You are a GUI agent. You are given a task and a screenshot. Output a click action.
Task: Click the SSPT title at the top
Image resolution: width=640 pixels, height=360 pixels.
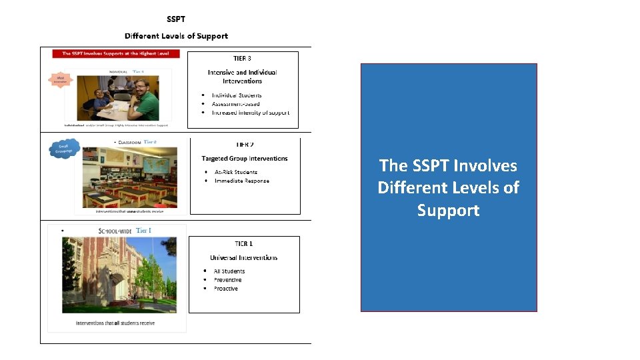tap(176, 19)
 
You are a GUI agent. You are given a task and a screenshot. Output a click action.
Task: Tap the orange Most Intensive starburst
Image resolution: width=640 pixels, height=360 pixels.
tap(61, 80)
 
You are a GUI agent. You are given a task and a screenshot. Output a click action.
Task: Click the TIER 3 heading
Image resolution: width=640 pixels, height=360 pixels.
tap(242, 59)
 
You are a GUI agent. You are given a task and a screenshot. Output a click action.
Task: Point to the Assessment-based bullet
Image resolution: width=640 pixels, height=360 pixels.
tap(236, 104)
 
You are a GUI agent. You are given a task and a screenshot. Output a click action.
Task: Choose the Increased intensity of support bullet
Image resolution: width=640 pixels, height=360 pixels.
tap(250, 113)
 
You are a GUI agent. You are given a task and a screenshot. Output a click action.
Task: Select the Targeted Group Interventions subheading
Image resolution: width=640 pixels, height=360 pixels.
tap(245, 159)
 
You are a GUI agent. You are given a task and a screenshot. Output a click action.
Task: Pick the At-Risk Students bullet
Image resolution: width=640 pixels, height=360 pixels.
tap(235, 172)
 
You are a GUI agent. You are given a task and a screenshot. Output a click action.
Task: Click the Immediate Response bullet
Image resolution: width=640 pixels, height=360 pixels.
tap(241, 181)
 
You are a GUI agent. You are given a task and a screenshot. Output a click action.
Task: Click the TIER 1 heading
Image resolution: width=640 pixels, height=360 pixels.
tap(243, 244)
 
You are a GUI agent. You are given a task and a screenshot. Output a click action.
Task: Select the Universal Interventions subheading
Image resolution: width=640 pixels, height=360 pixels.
tap(243, 257)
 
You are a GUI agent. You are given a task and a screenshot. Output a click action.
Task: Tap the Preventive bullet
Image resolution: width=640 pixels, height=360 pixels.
tap(227, 280)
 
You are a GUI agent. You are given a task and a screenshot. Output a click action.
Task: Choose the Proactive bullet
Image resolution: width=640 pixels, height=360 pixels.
tap(225, 289)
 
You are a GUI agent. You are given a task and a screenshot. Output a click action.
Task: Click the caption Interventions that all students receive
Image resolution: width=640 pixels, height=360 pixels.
tap(115, 323)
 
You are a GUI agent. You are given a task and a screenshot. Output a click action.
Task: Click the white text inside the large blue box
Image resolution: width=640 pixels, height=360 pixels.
tap(448, 187)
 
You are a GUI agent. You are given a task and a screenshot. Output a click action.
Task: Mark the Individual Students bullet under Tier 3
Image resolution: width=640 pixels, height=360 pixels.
tap(237, 95)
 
